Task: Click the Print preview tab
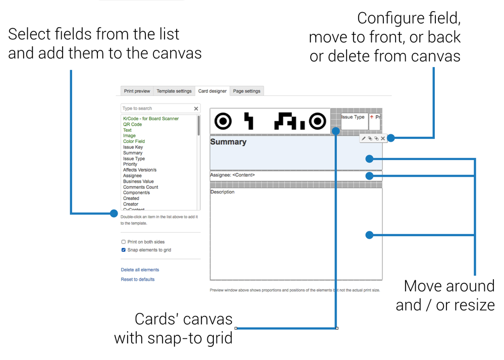click(137, 91)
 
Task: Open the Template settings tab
click(174, 91)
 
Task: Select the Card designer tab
click(212, 91)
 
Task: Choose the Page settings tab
click(247, 91)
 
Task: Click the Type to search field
click(156, 109)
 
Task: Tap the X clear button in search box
click(196, 109)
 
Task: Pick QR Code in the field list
click(132, 124)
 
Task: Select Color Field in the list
click(134, 141)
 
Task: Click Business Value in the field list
click(138, 181)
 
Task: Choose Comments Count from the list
click(140, 187)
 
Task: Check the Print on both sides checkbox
click(124, 242)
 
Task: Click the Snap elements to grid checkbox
click(124, 250)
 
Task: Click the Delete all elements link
click(140, 270)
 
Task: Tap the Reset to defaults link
click(138, 279)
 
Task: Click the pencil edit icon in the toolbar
click(364, 138)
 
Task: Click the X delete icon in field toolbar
click(383, 138)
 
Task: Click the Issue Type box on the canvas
click(353, 117)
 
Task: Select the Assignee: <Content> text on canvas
click(233, 175)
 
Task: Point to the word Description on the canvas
click(222, 192)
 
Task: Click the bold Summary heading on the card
click(228, 142)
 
